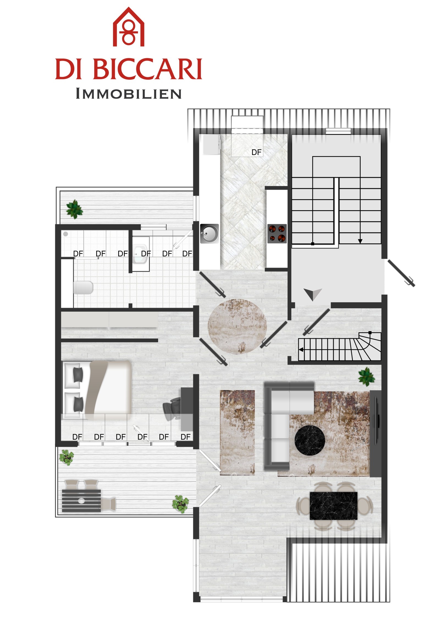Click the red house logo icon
(x=129, y=27)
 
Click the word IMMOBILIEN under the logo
(x=129, y=94)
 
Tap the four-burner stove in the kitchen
(x=277, y=234)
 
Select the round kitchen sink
(x=209, y=233)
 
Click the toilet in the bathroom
(x=83, y=288)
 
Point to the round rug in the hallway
(x=237, y=326)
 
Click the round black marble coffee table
(x=310, y=440)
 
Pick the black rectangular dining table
(x=333, y=506)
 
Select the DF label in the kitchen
(x=256, y=152)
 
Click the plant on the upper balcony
(x=74, y=209)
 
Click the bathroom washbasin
(x=141, y=254)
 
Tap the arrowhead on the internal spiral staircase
(x=301, y=350)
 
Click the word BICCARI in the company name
(x=148, y=69)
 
